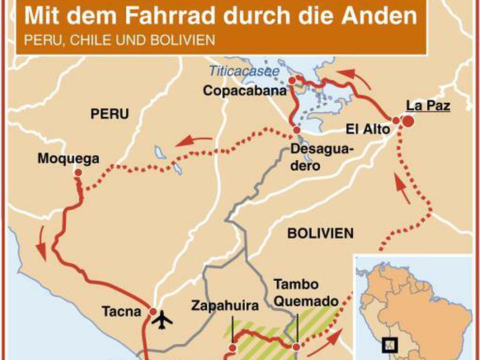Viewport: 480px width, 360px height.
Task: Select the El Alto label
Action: (x=368, y=129)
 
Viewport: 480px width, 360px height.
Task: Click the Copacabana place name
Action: (x=245, y=90)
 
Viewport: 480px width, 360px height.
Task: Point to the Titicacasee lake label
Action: (x=244, y=72)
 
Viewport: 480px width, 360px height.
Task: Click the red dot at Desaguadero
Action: (x=297, y=130)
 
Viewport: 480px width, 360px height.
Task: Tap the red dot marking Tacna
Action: (x=153, y=312)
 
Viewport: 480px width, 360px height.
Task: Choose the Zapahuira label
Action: (x=225, y=305)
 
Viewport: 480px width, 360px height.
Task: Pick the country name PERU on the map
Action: (x=110, y=114)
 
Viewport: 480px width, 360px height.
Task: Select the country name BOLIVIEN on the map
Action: (x=320, y=234)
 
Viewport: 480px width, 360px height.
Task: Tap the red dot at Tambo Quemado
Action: (x=297, y=347)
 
